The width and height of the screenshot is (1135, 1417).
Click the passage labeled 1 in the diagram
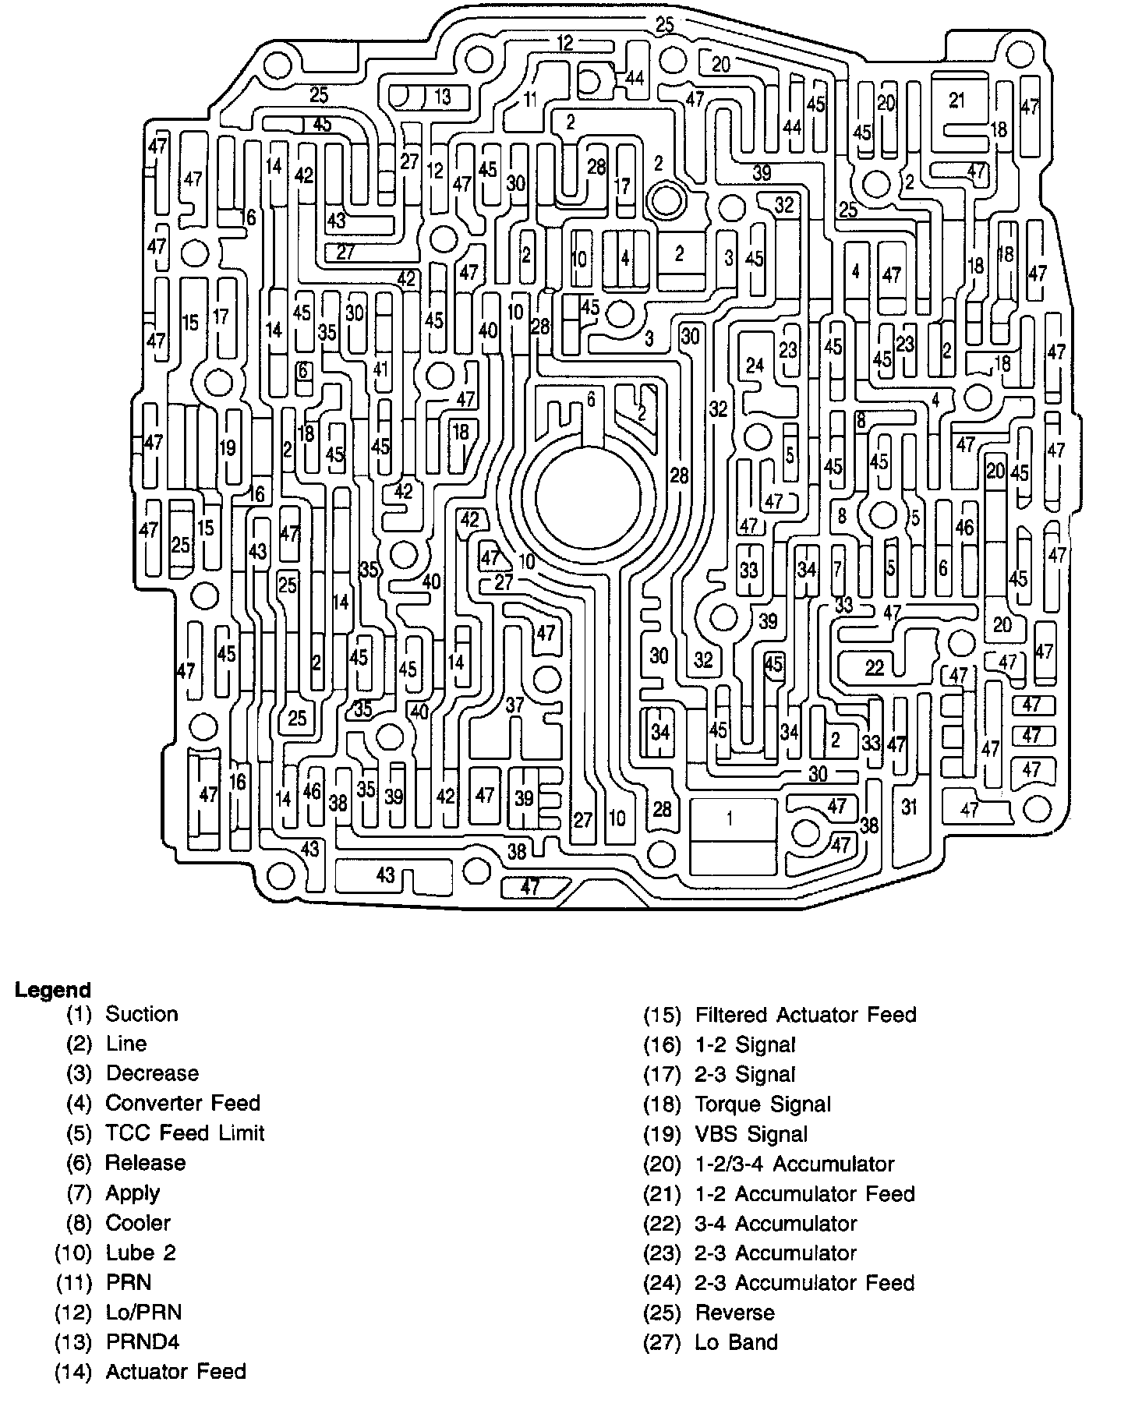point(730,818)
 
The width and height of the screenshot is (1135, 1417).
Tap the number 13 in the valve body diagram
point(443,97)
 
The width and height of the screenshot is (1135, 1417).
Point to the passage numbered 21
point(957,100)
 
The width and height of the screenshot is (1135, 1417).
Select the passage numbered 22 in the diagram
point(875,667)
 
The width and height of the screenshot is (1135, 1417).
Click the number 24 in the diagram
point(755,365)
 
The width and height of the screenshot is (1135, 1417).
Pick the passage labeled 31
point(909,807)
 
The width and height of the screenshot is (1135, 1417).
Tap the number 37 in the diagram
point(514,705)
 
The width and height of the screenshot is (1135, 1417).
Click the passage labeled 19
point(227,448)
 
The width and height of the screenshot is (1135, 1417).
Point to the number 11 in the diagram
point(530,99)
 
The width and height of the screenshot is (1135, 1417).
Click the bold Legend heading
point(53,991)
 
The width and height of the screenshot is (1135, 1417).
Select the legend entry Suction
point(141,1014)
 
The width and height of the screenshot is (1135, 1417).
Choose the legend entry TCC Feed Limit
point(185,1133)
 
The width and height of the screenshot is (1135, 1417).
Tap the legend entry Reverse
point(734,1313)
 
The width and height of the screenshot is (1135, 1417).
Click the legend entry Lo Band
point(736,1342)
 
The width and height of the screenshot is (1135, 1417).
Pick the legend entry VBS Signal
point(751,1134)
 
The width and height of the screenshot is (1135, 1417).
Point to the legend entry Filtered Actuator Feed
point(805,1015)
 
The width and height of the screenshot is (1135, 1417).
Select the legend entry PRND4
point(143,1342)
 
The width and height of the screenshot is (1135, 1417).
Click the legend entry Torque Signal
point(762,1104)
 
